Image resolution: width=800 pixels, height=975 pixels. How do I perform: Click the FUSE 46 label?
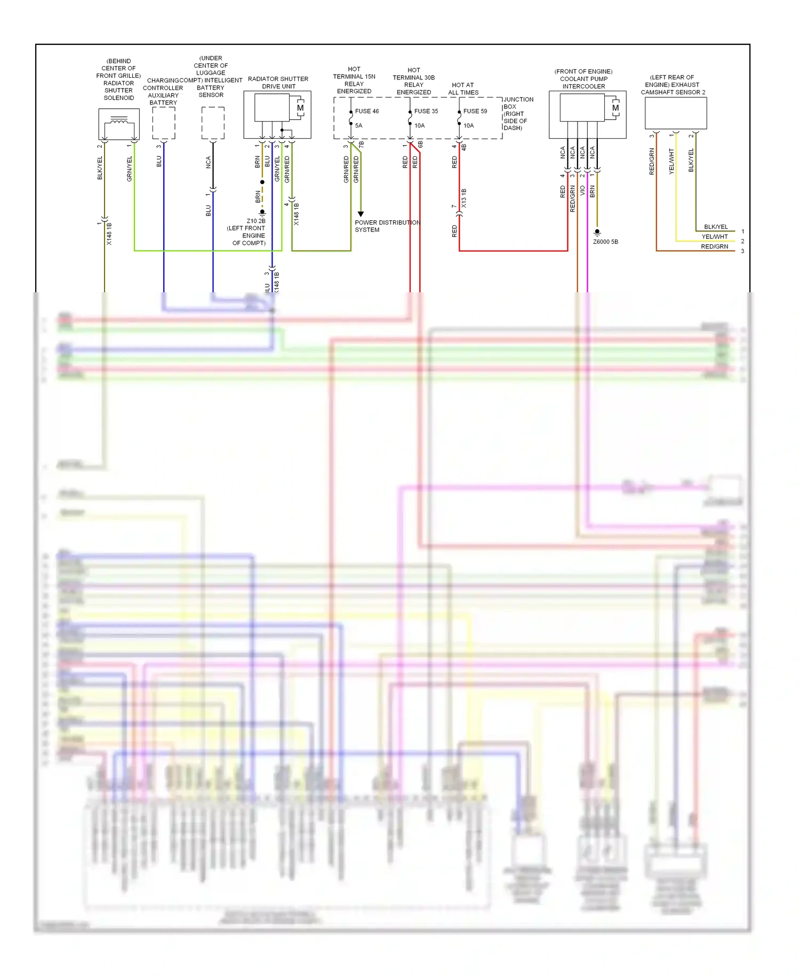(x=367, y=111)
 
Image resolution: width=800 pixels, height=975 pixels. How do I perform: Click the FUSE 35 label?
(x=426, y=111)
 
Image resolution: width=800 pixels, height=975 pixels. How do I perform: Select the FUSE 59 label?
(x=475, y=111)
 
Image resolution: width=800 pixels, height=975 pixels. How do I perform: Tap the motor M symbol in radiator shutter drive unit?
(x=300, y=108)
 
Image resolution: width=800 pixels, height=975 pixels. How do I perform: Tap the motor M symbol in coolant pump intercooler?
(x=615, y=108)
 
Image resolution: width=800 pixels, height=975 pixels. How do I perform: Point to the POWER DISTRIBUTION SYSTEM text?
(x=387, y=226)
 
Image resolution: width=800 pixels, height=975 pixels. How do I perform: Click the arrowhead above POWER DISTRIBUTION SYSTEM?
(x=361, y=214)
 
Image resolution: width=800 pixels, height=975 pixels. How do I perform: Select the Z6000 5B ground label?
(x=605, y=242)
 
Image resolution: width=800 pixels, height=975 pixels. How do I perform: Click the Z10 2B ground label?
(x=256, y=221)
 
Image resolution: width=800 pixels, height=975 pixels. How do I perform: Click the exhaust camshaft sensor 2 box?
(x=676, y=113)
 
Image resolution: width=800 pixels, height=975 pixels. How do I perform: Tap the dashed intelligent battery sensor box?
(x=213, y=123)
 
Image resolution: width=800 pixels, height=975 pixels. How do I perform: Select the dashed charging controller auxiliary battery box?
(x=164, y=123)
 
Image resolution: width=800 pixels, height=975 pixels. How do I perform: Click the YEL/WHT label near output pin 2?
(x=714, y=237)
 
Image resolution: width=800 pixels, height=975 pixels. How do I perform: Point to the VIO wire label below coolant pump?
(x=582, y=190)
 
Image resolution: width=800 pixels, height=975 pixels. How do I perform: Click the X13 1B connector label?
(x=464, y=198)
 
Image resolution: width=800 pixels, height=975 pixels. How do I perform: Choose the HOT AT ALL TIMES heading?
(x=463, y=89)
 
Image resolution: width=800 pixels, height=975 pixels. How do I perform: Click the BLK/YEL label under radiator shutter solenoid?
(x=100, y=168)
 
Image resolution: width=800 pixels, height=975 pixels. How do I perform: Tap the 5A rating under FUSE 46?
(x=358, y=126)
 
